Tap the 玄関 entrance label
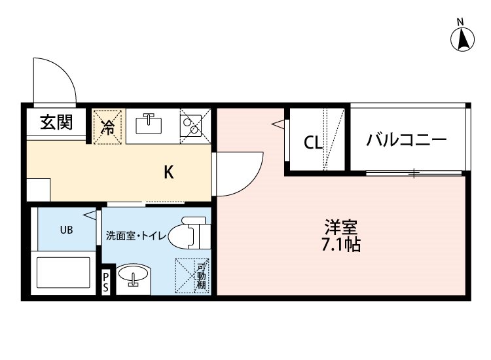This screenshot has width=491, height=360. (56, 122)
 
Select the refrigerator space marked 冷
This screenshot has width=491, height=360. (107, 127)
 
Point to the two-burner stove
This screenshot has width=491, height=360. (191, 126)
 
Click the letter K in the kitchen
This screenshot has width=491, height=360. (169, 172)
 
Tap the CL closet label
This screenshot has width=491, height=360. (313, 143)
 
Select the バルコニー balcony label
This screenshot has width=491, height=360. (406, 140)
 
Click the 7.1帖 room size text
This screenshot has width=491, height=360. (341, 245)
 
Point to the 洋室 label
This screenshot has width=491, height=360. (341, 228)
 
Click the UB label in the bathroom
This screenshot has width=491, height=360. (66, 230)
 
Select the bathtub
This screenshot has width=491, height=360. (64, 272)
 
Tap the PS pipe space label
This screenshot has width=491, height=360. (106, 282)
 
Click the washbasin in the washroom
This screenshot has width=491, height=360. (133, 274)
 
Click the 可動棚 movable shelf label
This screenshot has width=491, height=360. (201, 276)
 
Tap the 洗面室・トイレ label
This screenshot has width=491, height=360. (136, 236)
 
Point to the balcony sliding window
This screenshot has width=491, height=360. (414, 173)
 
